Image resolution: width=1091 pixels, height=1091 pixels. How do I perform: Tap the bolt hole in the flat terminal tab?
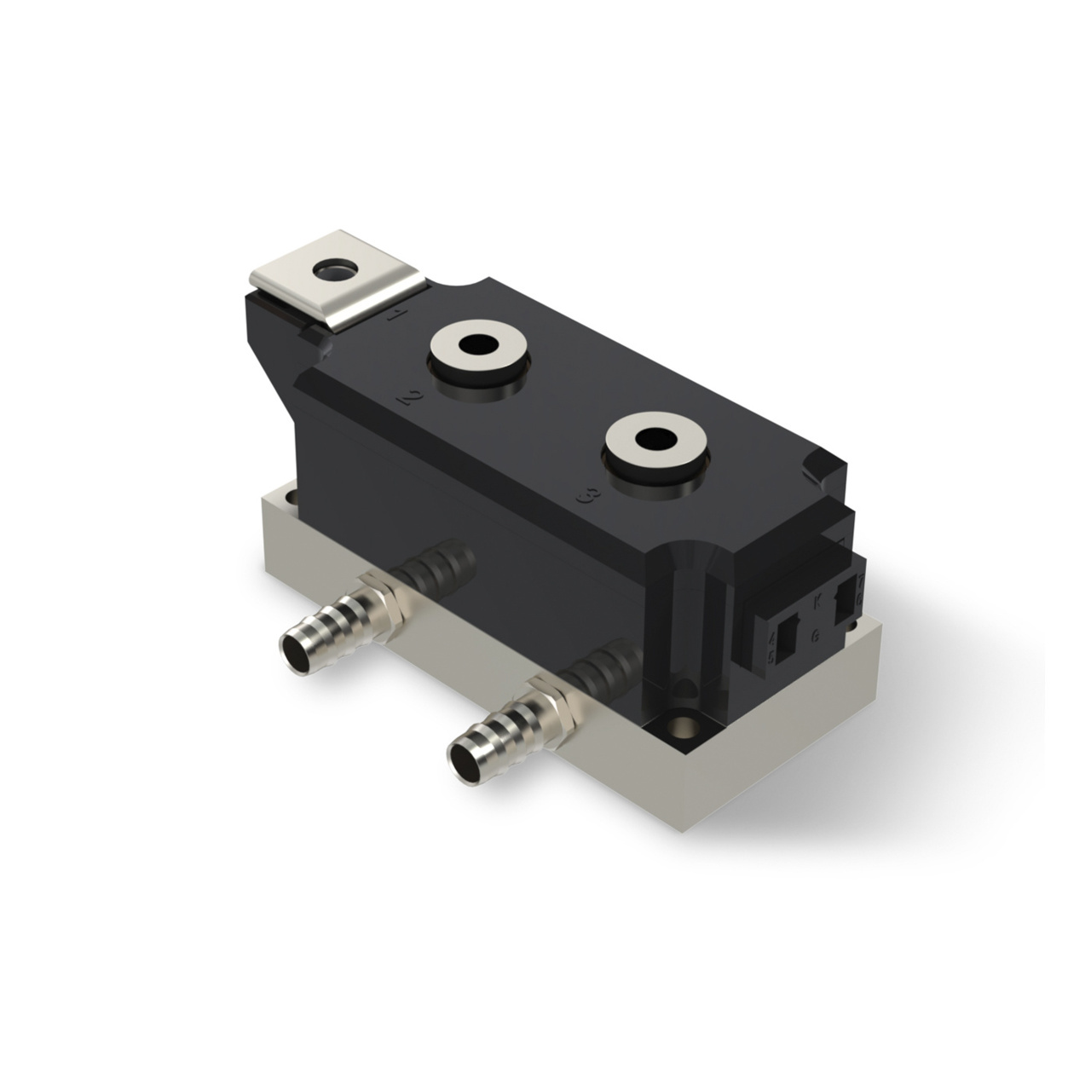coord(335,271)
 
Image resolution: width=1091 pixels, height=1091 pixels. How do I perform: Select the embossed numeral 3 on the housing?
coord(586,497)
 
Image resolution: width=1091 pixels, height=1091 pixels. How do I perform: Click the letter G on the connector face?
coord(816,634)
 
